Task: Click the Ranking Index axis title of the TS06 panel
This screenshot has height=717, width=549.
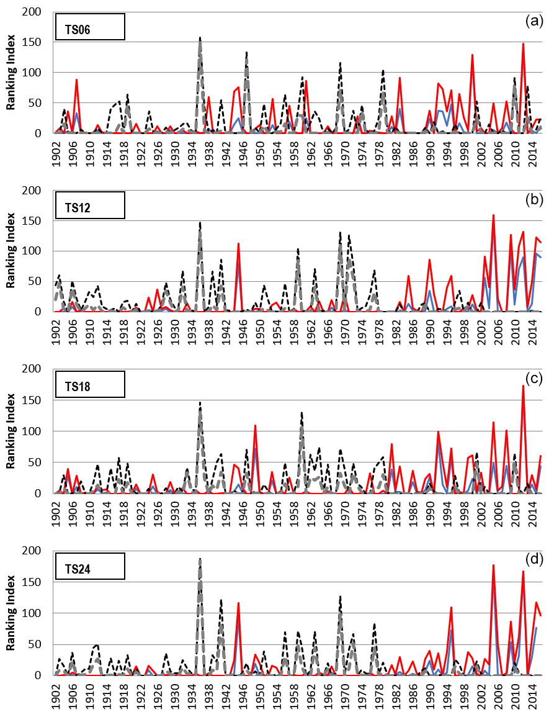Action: (11, 73)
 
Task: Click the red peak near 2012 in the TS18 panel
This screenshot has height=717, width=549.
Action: (523, 386)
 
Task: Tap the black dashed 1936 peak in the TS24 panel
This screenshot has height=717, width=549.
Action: (200, 559)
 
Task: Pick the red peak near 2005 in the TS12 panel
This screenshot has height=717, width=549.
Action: (493, 216)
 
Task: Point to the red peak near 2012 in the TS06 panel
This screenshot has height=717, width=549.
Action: (523, 44)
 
